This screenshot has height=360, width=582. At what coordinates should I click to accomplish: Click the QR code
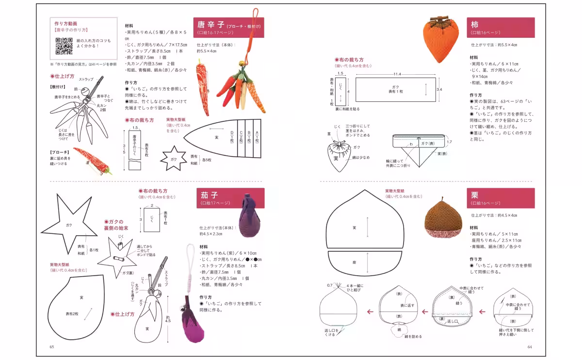(64, 46)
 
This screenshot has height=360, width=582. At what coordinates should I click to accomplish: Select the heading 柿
(475, 24)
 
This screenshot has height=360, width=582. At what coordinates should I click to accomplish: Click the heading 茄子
(209, 195)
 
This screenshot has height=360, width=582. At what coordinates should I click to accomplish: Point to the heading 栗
(475, 195)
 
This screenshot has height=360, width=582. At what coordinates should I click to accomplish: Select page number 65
(52, 346)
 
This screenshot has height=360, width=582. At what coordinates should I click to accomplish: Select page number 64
(530, 346)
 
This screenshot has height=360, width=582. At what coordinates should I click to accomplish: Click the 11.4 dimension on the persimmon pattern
(397, 74)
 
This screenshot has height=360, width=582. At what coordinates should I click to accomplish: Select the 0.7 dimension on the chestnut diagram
(330, 285)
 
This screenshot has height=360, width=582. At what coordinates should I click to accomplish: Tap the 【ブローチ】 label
(60, 152)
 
